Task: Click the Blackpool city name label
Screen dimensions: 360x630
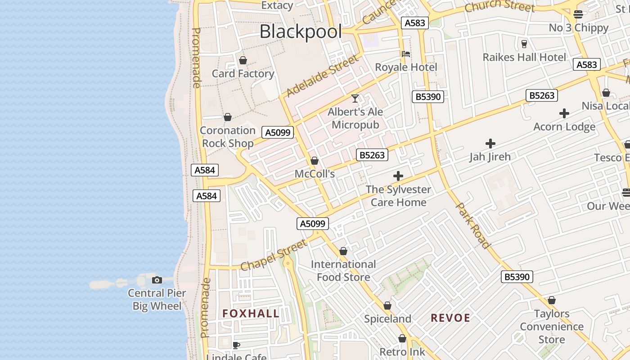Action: click(x=301, y=31)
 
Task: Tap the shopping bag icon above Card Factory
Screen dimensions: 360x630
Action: click(x=243, y=60)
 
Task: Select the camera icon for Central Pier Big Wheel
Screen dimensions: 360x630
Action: click(x=157, y=280)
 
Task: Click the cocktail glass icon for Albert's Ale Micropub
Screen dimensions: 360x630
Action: click(x=355, y=98)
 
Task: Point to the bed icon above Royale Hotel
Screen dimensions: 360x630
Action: click(x=406, y=54)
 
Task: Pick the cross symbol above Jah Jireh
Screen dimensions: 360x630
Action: click(x=490, y=144)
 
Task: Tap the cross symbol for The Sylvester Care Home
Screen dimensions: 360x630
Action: click(x=398, y=176)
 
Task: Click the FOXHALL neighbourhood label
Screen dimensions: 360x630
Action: click(x=251, y=314)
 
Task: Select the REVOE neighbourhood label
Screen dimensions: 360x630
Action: click(x=450, y=318)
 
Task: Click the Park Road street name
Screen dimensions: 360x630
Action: click(x=472, y=225)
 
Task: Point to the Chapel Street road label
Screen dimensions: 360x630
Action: click(x=274, y=255)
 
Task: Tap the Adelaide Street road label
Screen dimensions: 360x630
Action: click(x=323, y=75)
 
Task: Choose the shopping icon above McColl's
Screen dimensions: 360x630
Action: click(x=315, y=161)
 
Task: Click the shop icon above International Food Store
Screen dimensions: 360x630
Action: click(x=343, y=251)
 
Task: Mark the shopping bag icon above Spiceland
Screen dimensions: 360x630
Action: click(x=387, y=306)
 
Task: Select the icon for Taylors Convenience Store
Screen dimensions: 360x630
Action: click(x=552, y=300)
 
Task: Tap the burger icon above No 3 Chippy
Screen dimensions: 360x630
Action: click(x=578, y=14)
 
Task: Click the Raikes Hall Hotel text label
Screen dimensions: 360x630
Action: click(x=524, y=57)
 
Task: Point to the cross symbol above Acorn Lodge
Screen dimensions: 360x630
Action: click(x=564, y=113)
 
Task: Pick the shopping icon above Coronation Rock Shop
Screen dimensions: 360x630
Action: click(x=228, y=117)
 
